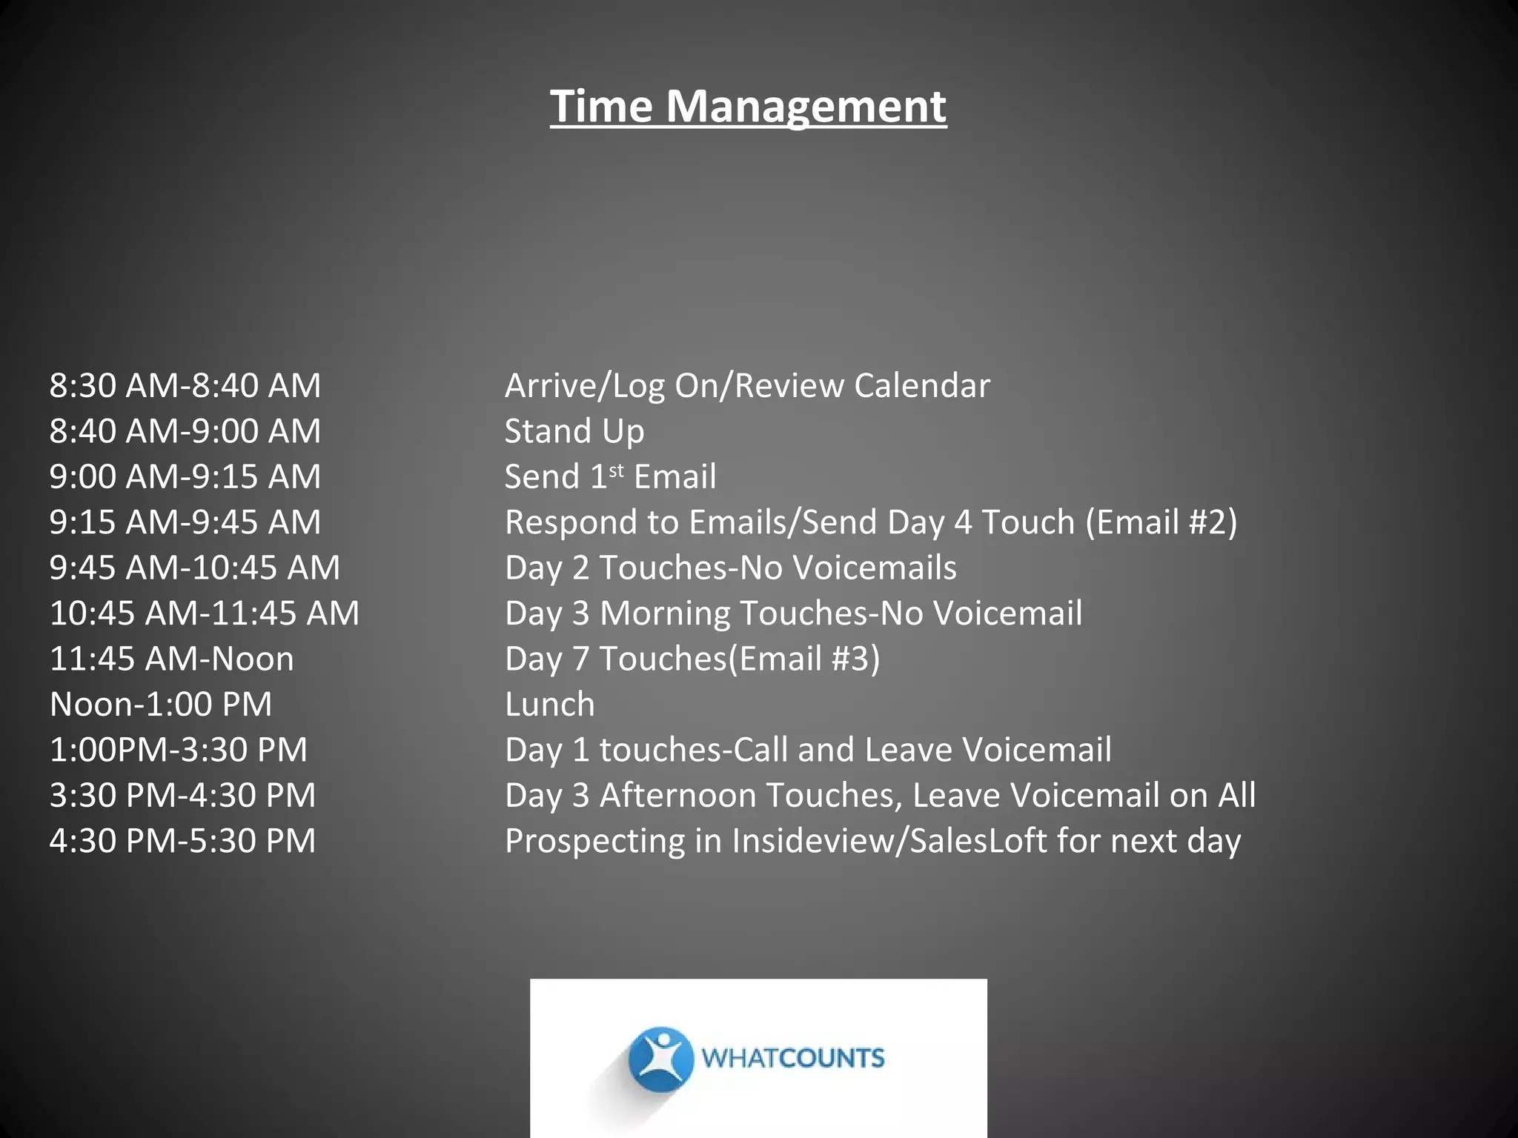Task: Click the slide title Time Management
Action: (748, 106)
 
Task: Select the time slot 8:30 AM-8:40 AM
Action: (185, 386)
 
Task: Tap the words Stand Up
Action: (574, 431)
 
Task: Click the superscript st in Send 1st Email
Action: (616, 470)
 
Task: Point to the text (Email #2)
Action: (1161, 522)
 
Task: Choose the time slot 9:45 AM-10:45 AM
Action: (195, 568)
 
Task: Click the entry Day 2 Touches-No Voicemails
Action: (730, 568)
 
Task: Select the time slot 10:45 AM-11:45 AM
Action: (205, 613)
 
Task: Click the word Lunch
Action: (549, 705)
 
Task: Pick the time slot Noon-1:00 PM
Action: (161, 705)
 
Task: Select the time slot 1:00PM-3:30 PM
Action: (179, 750)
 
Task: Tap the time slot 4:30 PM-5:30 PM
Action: (183, 841)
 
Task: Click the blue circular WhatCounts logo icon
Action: (660, 1059)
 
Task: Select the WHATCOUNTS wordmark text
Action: (792, 1058)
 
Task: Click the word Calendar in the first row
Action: (921, 386)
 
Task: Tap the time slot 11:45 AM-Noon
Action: (172, 659)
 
